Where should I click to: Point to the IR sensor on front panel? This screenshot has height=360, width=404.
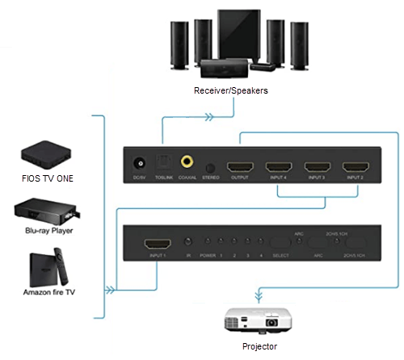click(x=188, y=241)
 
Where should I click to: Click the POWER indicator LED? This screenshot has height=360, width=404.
click(x=208, y=241)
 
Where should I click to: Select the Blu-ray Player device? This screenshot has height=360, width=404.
click(x=44, y=212)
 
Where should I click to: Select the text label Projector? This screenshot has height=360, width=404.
click(x=259, y=346)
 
